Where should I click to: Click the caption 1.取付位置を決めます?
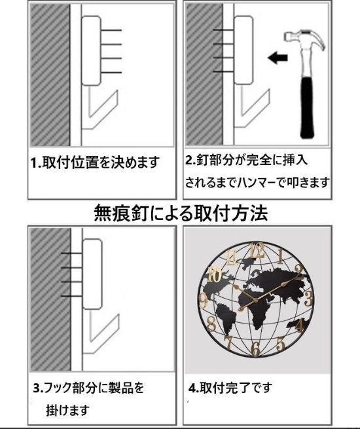click(x=96, y=162)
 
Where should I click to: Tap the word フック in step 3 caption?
click(x=58, y=388)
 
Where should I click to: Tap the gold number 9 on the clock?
click(x=204, y=301)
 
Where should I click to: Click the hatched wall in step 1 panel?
click(x=49, y=72)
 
